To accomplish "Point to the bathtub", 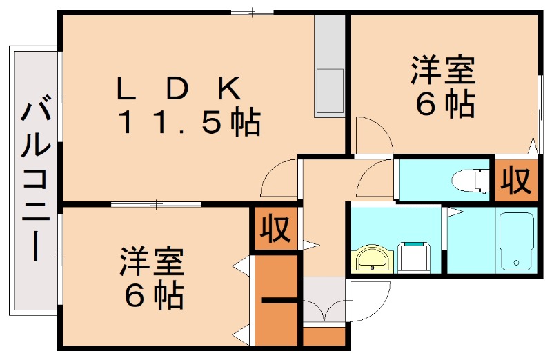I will click(516, 241).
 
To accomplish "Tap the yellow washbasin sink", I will click(373, 259).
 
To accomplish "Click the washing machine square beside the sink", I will click(414, 257).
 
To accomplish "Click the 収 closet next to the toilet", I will click(515, 181).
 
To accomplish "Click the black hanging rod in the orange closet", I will click(279, 300).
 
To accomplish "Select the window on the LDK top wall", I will click(252, 12).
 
